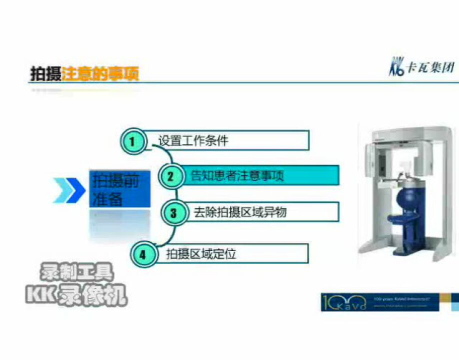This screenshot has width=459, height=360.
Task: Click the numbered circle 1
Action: (132, 141)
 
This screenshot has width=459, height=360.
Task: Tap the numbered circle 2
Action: (170, 176)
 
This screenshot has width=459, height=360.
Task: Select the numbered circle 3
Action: (173, 213)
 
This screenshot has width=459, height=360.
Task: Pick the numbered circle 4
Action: (142, 254)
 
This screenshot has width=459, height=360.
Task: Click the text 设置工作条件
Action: (193, 141)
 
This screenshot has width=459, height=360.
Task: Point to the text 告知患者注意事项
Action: (237, 176)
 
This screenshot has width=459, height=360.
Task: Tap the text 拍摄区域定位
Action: (201, 254)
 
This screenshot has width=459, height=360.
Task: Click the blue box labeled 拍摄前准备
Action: (119, 190)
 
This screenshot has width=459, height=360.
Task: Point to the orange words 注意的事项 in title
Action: (100, 74)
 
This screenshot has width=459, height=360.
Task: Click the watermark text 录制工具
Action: (76, 273)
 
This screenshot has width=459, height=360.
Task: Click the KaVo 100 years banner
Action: (379, 302)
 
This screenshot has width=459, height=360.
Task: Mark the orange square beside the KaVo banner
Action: (455, 297)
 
